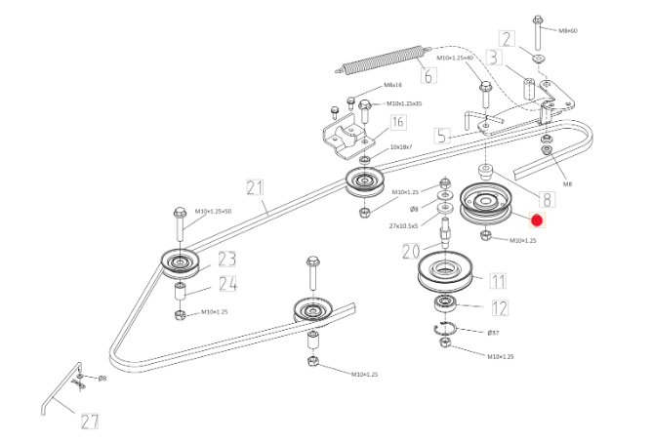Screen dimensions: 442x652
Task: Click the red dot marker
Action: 536,221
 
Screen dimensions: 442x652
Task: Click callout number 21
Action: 256,186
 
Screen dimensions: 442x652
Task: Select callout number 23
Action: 227,260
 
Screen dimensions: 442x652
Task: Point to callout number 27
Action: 90,422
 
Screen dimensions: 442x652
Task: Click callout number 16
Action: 397,122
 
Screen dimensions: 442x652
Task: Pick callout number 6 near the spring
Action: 428,74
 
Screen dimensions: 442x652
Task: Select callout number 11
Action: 498,282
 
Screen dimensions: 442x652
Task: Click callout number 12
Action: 500,308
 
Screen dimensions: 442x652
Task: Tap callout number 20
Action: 412,252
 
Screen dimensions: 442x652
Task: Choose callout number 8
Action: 546,199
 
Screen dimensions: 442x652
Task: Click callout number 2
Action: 507,39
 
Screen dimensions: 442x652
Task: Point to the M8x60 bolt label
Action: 567,30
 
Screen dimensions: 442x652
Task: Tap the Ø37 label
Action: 493,333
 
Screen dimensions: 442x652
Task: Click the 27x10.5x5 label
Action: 403,225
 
